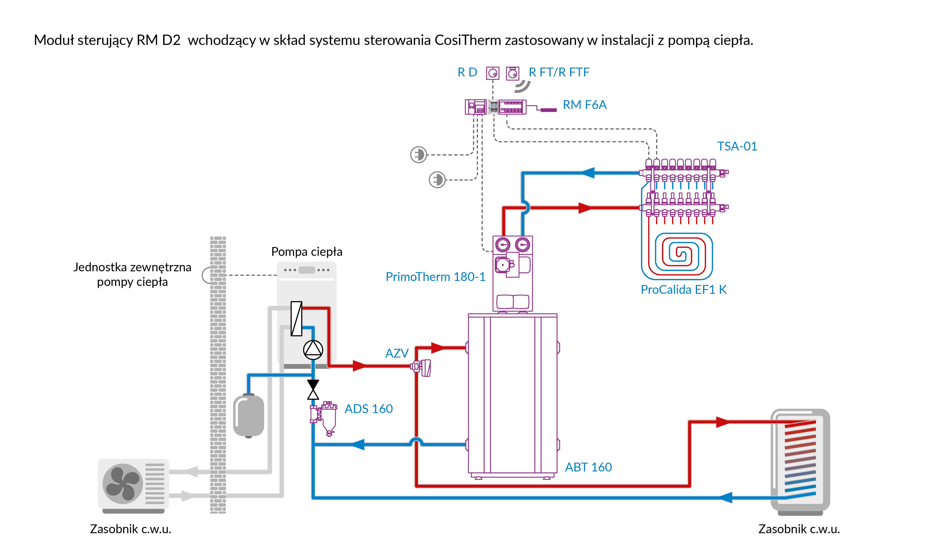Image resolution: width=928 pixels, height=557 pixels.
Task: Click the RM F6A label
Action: [584, 105]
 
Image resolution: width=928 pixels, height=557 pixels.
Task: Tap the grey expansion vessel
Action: [248, 416]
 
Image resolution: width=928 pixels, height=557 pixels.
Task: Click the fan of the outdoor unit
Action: [122, 483]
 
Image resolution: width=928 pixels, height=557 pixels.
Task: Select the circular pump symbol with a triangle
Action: [313, 350]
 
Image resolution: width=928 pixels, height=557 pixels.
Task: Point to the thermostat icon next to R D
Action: [493, 73]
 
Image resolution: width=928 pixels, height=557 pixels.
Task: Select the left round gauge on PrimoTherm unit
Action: [503, 245]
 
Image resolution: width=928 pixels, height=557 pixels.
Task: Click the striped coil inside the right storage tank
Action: [800, 458]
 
